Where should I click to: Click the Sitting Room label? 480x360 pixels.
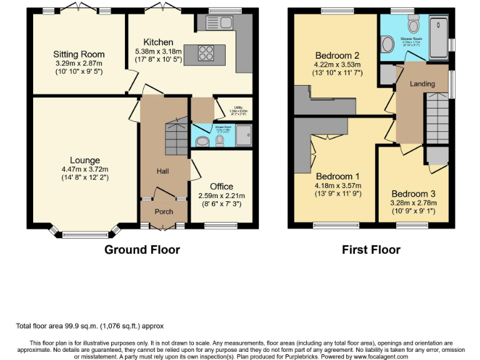tap(79, 54)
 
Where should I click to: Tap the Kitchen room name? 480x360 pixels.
tap(158, 42)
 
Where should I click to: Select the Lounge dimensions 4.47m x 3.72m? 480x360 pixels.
tap(85, 169)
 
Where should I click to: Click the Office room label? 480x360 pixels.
tap(221, 186)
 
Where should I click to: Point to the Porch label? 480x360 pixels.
tap(164, 211)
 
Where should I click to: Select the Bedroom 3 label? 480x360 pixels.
tap(413, 194)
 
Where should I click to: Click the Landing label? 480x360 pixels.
tap(422, 84)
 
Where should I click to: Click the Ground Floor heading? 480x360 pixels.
tap(142, 250)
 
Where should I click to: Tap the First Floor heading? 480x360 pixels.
tap(371, 250)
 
